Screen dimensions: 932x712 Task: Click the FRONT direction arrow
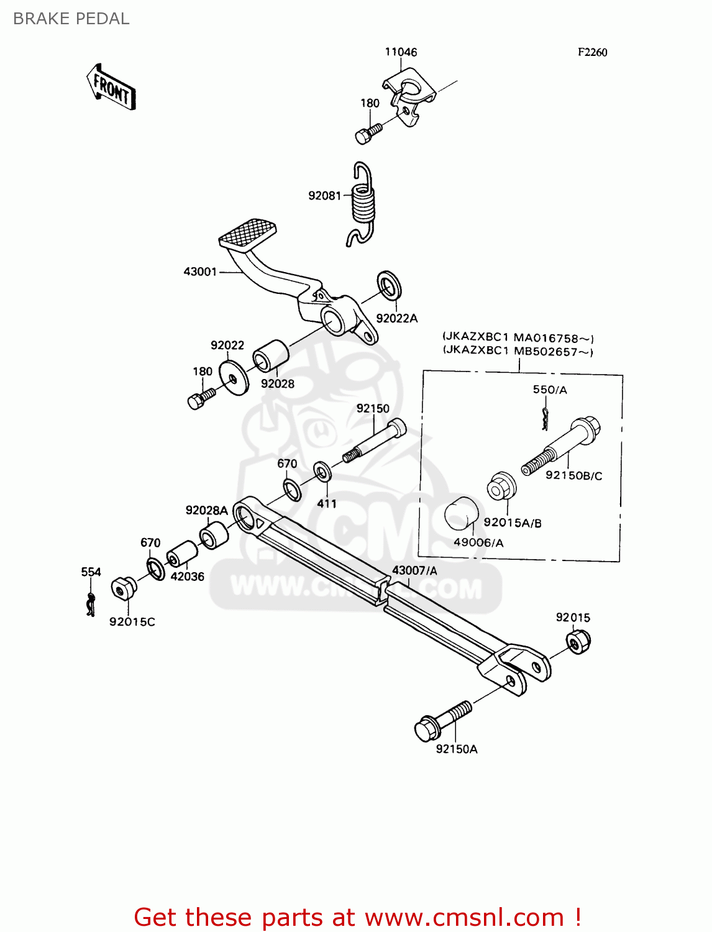click(x=111, y=88)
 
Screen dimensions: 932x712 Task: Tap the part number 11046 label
click(x=401, y=52)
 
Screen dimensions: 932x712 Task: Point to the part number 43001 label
click(x=200, y=272)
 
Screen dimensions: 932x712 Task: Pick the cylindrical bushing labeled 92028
click(x=270, y=357)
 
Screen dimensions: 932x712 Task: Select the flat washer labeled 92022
click(x=234, y=377)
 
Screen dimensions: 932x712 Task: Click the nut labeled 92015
click(x=578, y=642)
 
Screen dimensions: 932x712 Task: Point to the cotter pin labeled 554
click(x=91, y=603)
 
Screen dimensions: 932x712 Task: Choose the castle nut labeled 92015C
click(x=123, y=588)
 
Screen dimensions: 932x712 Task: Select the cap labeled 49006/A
click(x=462, y=514)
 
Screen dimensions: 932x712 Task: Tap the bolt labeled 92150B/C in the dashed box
click(x=562, y=447)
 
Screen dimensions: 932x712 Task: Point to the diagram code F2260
click(x=592, y=53)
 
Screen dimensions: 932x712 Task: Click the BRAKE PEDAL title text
click(x=71, y=19)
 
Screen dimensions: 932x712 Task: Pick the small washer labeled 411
click(x=322, y=471)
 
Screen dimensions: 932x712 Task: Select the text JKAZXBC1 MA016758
click(x=519, y=339)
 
